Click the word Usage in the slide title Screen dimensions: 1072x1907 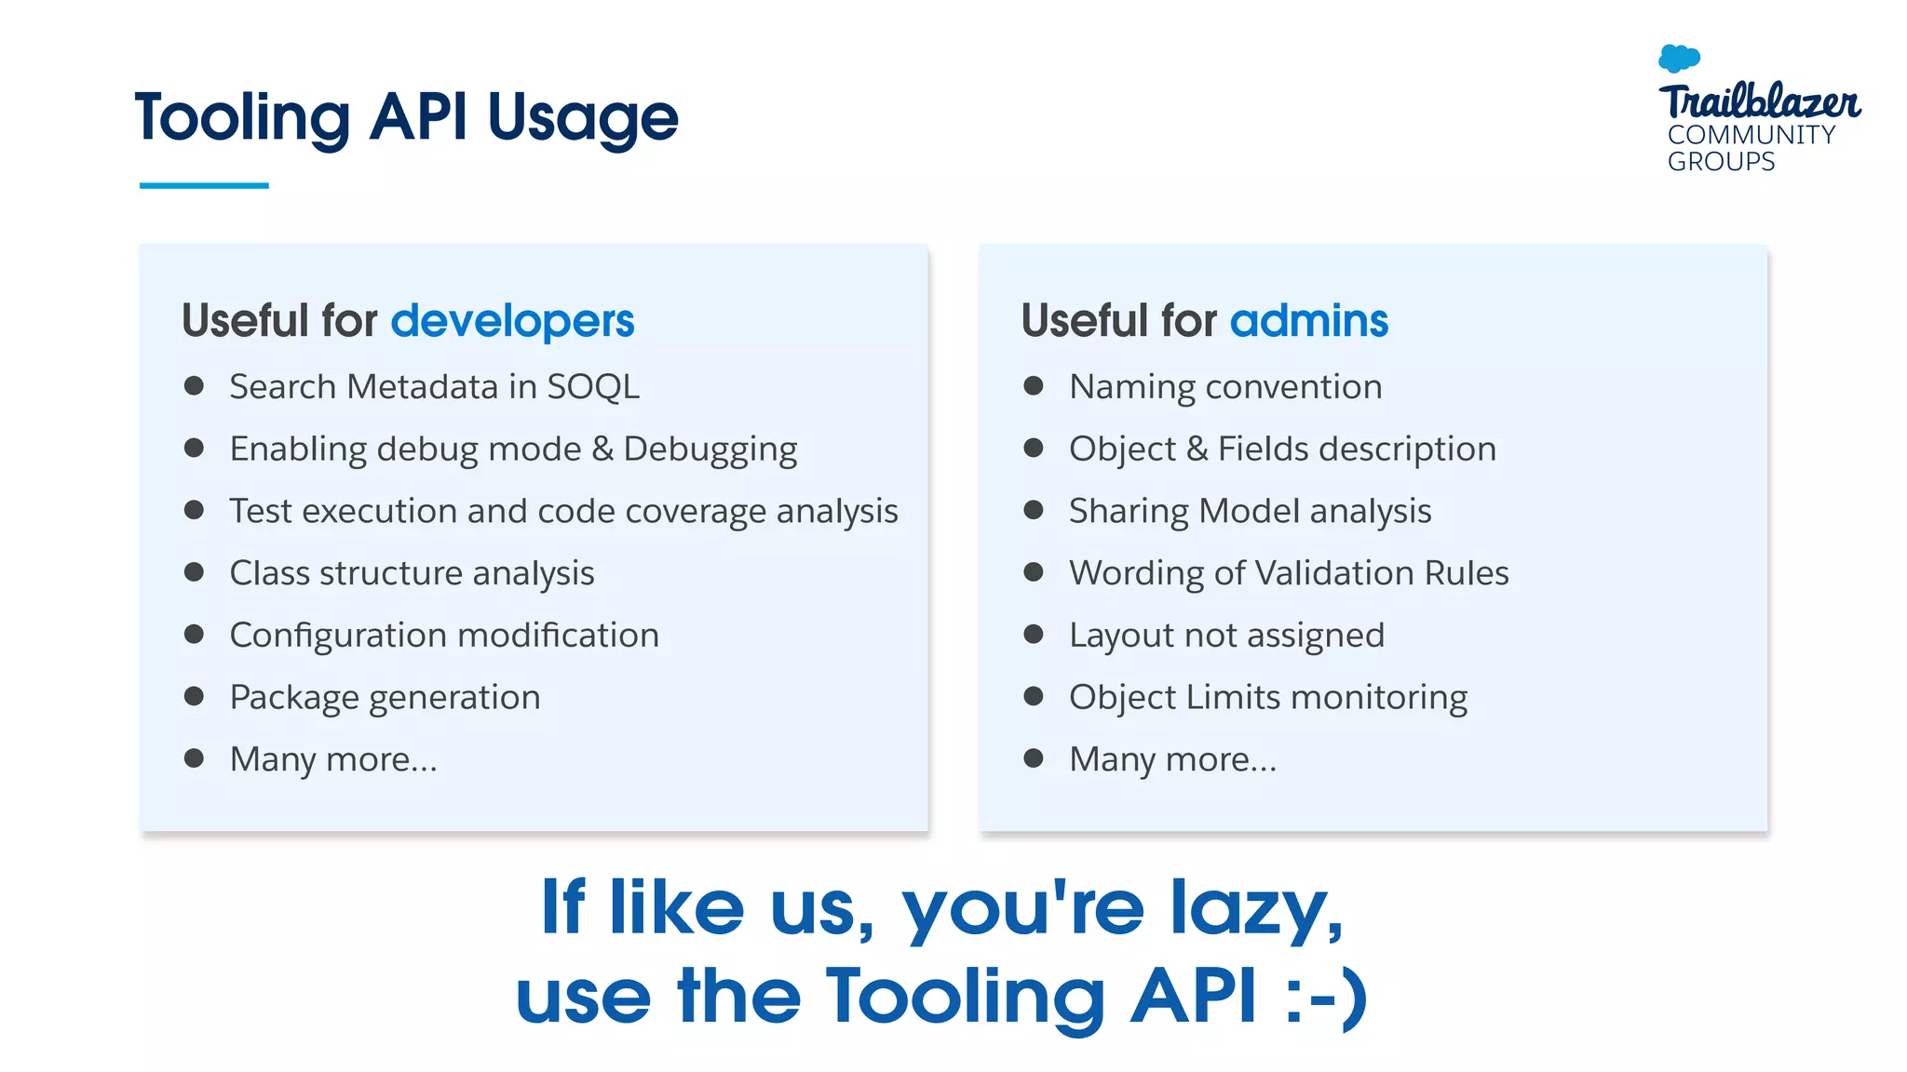click(583, 119)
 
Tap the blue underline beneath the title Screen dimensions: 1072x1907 click(204, 185)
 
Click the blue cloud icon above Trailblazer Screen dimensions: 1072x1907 click(1679, 58)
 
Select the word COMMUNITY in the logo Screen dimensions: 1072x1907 click(1751, 135)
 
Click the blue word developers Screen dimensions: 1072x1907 click(512, 321)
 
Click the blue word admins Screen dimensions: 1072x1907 click(1308, 321)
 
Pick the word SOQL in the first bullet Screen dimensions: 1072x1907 click(593, 386)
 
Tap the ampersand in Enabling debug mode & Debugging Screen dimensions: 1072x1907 click(602, 449)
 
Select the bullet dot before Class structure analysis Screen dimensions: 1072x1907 click(194, 572)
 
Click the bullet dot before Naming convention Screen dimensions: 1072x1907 click(1033, 386)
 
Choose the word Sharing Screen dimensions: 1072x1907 click(1129, 511)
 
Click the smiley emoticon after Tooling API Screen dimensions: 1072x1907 click(1326, 996)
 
